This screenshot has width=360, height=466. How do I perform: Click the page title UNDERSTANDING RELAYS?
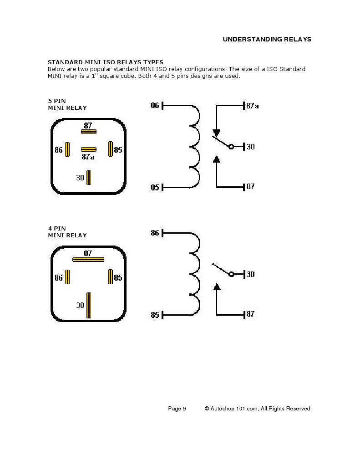(267, 39)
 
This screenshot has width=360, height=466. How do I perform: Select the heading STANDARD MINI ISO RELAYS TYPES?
(106, 62)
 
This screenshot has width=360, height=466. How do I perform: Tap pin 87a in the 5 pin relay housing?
(88, 149)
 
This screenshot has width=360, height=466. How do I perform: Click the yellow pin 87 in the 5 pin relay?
(88, 132)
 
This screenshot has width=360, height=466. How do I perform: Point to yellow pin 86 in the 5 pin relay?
(67, 149)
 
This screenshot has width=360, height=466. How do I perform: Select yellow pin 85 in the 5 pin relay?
(110, 149)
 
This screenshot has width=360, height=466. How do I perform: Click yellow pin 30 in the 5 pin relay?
(89, 177)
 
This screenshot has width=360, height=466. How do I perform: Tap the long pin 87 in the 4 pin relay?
(88, 260)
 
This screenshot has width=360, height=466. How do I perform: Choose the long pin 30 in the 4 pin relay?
(89, 305)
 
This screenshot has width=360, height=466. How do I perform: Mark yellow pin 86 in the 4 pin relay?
(67, 277)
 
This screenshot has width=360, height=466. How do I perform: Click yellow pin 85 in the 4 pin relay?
(110, 277)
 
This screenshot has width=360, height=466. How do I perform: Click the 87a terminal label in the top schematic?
(253, 106)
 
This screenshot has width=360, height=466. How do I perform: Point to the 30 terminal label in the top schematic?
(250, 147)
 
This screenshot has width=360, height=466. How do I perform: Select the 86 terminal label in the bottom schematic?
(155, 233)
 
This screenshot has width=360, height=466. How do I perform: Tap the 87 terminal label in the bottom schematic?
(250, 314)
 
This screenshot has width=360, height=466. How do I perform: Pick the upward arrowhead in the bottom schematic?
(217, 287)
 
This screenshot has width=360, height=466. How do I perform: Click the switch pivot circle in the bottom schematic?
(231, 274)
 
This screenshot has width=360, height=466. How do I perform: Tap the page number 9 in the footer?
(184, 409)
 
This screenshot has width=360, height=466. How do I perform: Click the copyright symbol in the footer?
(207, 409)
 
